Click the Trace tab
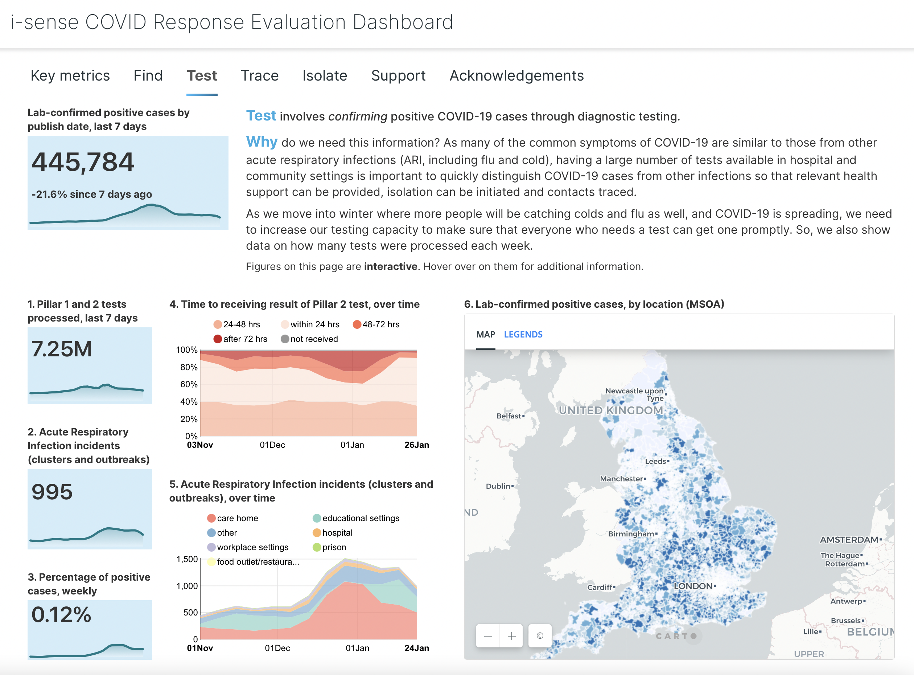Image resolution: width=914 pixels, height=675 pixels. pos(259,76)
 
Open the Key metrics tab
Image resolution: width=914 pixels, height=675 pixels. pos(70,76)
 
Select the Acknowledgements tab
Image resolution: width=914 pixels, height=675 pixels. pos(516,76)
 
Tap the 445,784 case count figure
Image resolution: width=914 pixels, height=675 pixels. pos(83,162)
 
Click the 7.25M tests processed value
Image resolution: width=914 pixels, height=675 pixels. pos(62,349)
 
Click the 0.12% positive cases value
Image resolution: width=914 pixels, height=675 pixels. pos(61,614)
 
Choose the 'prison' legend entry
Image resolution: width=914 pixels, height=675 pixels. pos(334,548)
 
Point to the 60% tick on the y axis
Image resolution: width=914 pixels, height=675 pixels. pos(189,384)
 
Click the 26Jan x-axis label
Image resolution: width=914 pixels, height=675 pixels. pos(417,445)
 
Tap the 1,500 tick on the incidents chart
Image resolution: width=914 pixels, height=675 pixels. pos(187,559)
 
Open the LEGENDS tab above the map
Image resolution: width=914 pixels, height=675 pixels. pos(523,335)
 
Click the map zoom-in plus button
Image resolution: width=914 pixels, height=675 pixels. pos(511,636)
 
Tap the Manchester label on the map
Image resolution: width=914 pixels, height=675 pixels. pos(621,479)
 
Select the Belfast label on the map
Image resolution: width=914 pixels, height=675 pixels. pos(509,416)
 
